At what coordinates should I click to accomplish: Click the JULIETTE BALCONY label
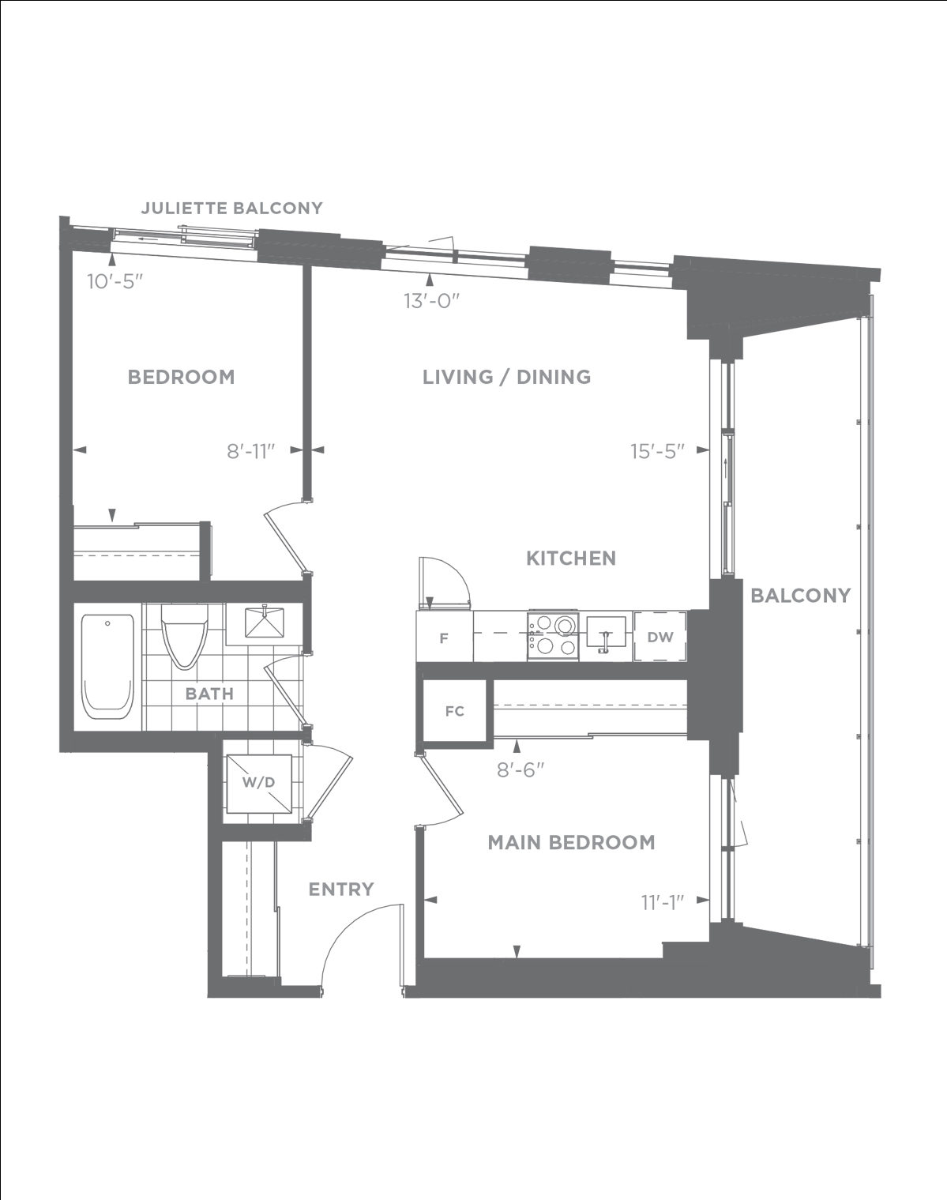231,208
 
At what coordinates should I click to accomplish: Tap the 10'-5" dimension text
115,281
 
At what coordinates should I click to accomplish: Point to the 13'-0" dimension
432,301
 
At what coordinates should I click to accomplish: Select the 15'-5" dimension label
657,451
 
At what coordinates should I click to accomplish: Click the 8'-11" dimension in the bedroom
251,451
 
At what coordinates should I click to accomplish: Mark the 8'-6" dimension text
520,770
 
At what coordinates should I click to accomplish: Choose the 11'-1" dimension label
663,902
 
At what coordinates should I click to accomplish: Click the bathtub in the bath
107,666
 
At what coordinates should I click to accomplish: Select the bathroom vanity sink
265,623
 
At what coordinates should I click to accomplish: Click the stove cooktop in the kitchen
553,636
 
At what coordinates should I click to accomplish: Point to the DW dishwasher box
660,637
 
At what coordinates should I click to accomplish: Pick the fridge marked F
445,637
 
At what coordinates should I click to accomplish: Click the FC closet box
454,711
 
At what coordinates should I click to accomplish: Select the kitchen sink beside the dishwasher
606,634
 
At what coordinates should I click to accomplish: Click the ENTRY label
341,890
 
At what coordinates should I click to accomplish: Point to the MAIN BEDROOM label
571,843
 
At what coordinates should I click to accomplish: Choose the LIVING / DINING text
506,377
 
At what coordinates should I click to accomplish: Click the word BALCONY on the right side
800,596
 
